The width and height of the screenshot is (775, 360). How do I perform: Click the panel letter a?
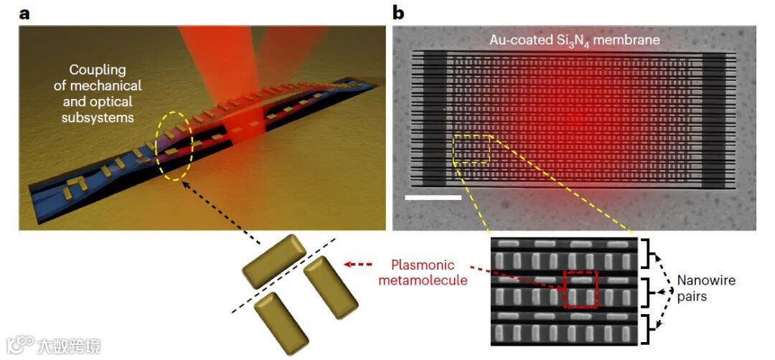[22, 11]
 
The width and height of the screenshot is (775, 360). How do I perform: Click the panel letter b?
[398, 11]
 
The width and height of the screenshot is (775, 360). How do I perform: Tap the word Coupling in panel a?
[97, 70]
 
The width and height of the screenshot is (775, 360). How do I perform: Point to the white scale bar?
[433, 196]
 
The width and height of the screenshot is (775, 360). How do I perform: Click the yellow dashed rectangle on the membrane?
[471, 148]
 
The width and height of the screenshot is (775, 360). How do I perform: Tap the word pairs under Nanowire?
[692, 295]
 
